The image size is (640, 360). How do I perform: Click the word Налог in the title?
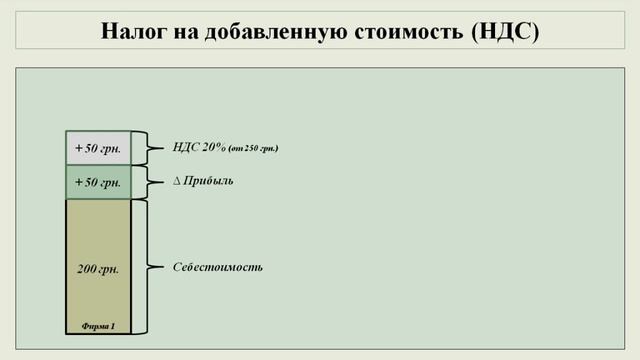(134, 30)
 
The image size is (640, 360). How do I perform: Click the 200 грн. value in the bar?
(98, 269)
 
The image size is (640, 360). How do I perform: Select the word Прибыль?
(210, 182)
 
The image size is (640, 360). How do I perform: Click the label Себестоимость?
(218, 267)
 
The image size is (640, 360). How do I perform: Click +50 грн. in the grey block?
(98, 149)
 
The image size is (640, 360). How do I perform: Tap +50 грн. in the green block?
(98, 182)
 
